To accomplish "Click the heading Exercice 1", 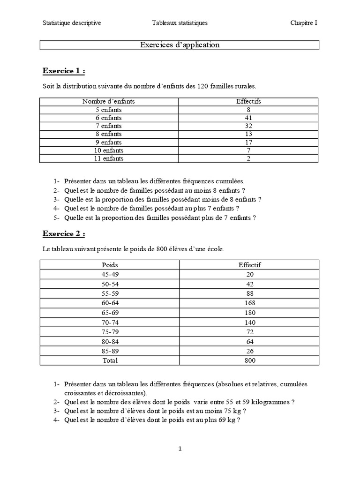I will tap(64, 71).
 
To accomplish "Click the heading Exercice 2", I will tap(64, 233).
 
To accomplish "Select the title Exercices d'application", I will tap(180, 45).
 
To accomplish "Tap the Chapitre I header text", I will tap(303, 22).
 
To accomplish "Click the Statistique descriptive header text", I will tap(72, 22).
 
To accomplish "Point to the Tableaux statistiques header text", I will tap(180, 22).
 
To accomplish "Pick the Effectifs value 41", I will tap(249, 118).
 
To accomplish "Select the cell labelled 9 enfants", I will tap(109, 142).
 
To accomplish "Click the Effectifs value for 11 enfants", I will tap(249, 158).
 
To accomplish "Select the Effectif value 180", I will tap(249, 312).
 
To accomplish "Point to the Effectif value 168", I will tap(249, 303).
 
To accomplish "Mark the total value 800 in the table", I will tap(249, 360).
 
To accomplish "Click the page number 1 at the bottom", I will tap(180, 449).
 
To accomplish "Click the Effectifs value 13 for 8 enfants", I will tap(249, 134).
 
